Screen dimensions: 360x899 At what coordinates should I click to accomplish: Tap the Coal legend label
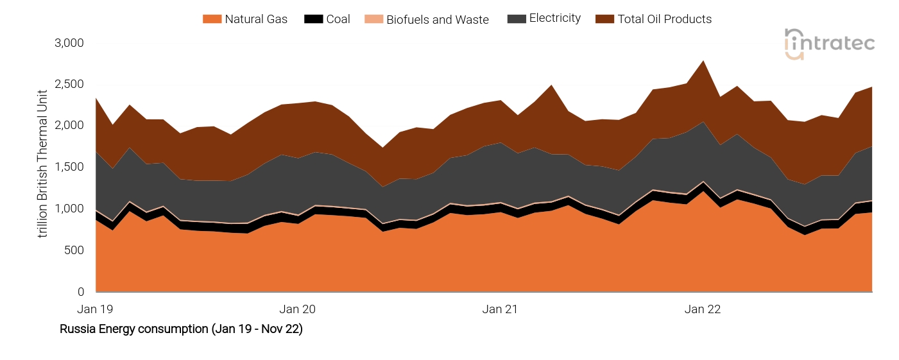click(x=338, y=19)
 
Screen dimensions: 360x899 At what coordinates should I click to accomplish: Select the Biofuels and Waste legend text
click(x=437, y=20)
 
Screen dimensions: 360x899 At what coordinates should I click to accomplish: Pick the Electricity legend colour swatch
click(x=516, y=19)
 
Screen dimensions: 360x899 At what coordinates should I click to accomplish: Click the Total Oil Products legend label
click(x=664, y=19)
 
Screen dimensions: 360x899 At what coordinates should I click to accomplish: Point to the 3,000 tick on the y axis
click(x=69, y=43)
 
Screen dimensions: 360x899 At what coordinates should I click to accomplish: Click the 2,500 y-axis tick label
click(x=69, y=85)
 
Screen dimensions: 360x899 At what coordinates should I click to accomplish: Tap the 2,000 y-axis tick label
click(x=69, y=126)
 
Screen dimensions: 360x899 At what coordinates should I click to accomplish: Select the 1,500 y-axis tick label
click(x=69, y=167)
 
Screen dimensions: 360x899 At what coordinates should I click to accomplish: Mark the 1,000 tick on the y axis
click(x=69, y=209)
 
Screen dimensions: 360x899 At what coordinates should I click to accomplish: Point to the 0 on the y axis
click(x=80, y=292)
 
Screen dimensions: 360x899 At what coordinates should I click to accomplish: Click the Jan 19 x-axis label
click(x=95, y=309)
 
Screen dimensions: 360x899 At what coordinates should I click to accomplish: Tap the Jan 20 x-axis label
click(x=298, y=309)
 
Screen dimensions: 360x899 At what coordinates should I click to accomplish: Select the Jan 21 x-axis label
click(x=500, y=309)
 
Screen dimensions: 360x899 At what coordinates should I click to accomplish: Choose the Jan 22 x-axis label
click(x=703, y=309)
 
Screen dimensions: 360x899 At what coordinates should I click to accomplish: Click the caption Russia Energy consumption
click(x=181, y=330)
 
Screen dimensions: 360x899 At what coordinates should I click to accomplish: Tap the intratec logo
click(x=829, y=44)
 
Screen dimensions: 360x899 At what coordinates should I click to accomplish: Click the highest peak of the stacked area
click(x=703, y=61)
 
